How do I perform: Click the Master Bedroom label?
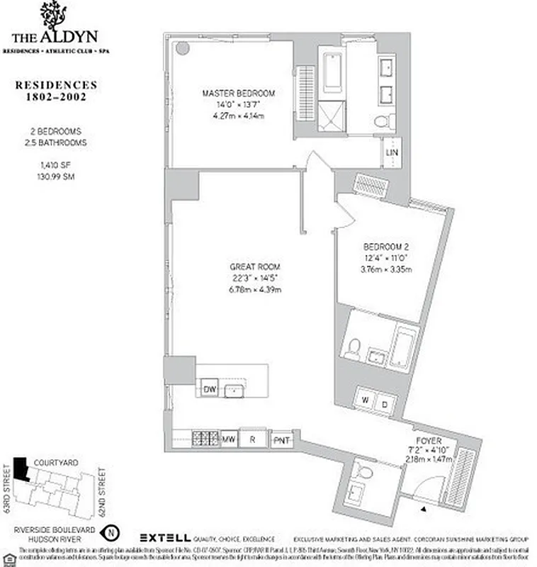click(238, 93)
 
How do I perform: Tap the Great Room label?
click(247, 266)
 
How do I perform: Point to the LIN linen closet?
click(391, 152)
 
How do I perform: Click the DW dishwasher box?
click(209, 389)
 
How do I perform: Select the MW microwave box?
click(229, 439)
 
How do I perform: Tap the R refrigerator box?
click(253, 439)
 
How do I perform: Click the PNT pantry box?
click(282, 439)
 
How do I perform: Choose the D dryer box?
click(384, 404)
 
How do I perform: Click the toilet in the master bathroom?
click(384, 121)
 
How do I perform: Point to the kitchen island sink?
click(233, 390)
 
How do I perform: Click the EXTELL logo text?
click(164, 537)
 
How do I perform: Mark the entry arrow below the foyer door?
click(424, 509)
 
